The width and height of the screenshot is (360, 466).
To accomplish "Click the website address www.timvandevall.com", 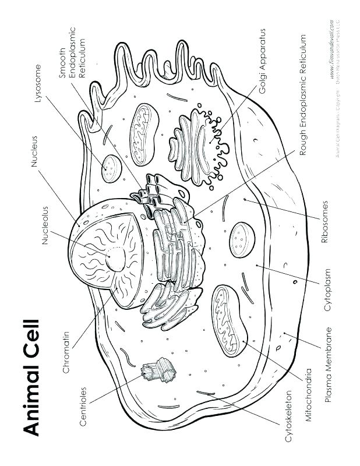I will (331, 53).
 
